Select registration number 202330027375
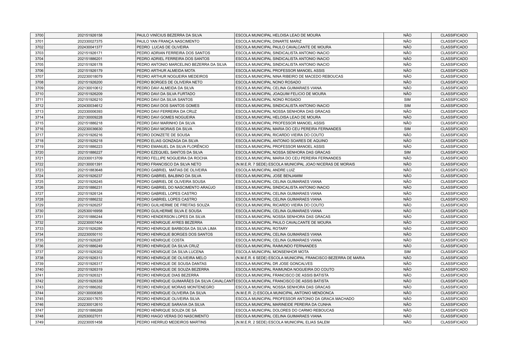click(90, 41)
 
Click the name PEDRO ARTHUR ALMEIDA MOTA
click(166, 71)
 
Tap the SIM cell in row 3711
click(407, 100)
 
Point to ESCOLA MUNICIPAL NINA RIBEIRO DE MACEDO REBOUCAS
click(289, 77)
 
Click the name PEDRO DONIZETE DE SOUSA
click(163, 135)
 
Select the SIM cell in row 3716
click(407, 129)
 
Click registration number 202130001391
click(90, 164)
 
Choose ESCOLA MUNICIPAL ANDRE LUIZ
click(265, 170)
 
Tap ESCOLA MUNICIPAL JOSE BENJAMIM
click(269, 176)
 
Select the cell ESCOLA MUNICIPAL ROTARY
click(262, 229)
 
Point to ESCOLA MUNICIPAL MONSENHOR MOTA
click(272, 252)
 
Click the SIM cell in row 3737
click(407, 252)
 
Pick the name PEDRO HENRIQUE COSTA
click(160, 240)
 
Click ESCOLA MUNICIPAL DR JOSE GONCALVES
click(274, 264)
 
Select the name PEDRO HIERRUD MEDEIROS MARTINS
click(171, 322)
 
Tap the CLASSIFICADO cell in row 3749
click(454, 322)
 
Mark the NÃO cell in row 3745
click(407, 299)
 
